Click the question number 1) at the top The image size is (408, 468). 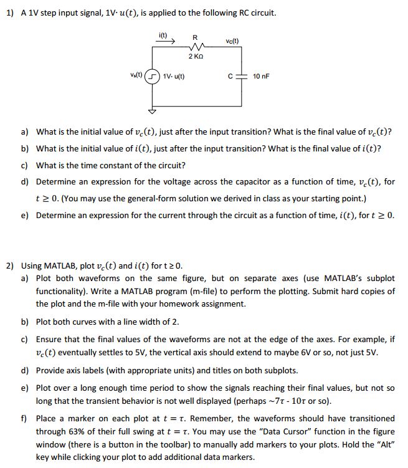click(x=10, y=13)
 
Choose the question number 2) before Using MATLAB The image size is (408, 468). click(x=10, y=265)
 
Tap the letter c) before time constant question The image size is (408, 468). click(x=25, y=165)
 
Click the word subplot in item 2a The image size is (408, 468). click(x=379, y=278)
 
